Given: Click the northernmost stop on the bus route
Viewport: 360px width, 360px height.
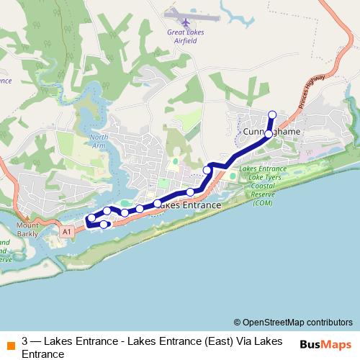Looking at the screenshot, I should pyautogui.click(x=272, y=114).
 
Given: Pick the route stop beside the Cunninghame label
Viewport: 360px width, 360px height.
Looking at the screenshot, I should pyautogui.click(x=269, y=134).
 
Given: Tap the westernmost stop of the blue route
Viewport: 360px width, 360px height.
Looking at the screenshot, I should pyautogui.click(x=91, y=218).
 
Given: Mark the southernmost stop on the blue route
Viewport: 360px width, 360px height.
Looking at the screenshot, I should pyautogui.click(x=104, y=225).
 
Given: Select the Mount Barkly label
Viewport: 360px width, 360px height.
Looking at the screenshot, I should pyautogui.click(x=27, y=229).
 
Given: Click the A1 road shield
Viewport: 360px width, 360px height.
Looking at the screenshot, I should pyautogui.click(x=67, y=232).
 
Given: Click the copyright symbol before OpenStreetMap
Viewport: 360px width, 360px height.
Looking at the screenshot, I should pyautogui.click(x=238, y=323).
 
